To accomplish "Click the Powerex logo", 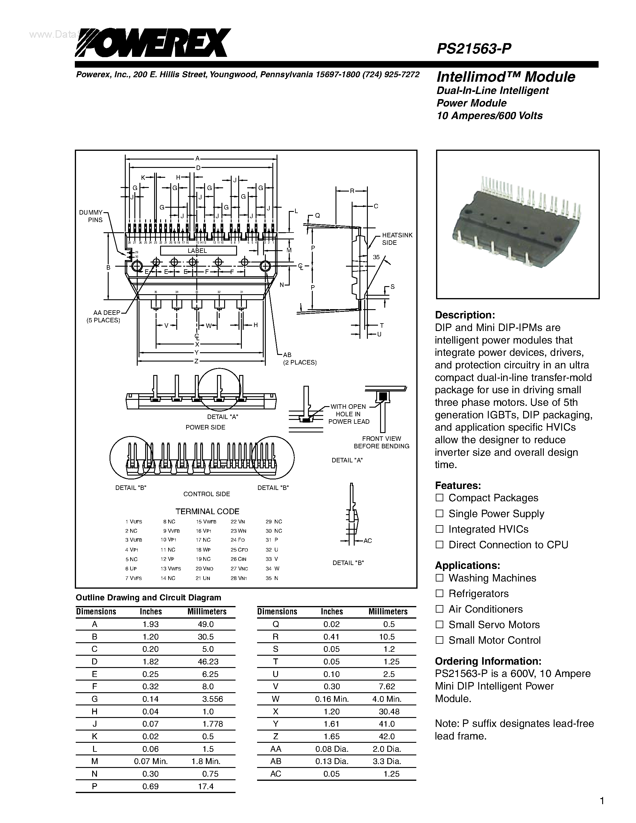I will point(152,43).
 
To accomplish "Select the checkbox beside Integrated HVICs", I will point(439,529).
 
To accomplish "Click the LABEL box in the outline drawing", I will point(198,250).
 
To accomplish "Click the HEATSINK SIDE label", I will point(397,239).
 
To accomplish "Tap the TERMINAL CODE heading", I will point(207,511).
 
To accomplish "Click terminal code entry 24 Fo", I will point(238,540).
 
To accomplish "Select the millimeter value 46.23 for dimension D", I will point(206,662).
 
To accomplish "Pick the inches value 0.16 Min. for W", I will point(332,699).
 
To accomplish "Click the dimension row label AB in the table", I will point(276,761).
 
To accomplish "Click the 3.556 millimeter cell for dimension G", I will point(212,699).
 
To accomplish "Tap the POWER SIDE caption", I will point(205,427).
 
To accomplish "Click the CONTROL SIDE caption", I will point(207,494).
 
